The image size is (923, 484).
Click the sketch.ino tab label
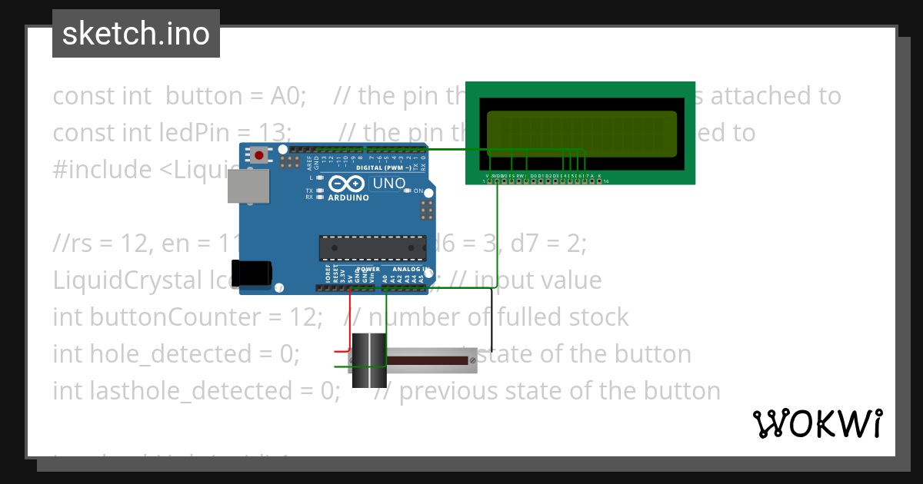[135, 34]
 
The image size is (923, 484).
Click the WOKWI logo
[817, 423]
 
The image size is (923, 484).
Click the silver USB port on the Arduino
[248, 187]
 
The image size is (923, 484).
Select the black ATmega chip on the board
[372, 248]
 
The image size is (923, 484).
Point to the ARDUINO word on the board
[348, 197]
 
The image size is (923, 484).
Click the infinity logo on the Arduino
[347, 184]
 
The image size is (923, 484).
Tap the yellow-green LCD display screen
[581, 130]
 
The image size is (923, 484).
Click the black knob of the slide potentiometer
[368, 360]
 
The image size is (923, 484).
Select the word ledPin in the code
[151, 132]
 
